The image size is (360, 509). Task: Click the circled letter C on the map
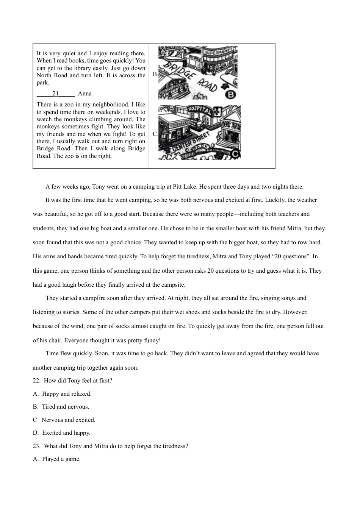pyautogui.click(x=235, y=154)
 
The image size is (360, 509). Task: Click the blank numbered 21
pyautogui.click(x=56, y=94)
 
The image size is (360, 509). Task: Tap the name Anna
pyautogui.click(x=85, y=94)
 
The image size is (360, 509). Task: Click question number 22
pyautogui.click(x=37, y=381)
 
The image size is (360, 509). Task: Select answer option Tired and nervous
pyautogui.click(x=65, y=407)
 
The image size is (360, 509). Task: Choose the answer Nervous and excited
pyautogui.click(x=68, y=420)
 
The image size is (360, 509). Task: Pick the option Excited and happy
pyautogui.click(x=66, y=433)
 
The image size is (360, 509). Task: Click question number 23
pyautogui.click(x=37, y=446)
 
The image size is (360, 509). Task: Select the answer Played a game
pyautogui.click(x=61, y=459)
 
